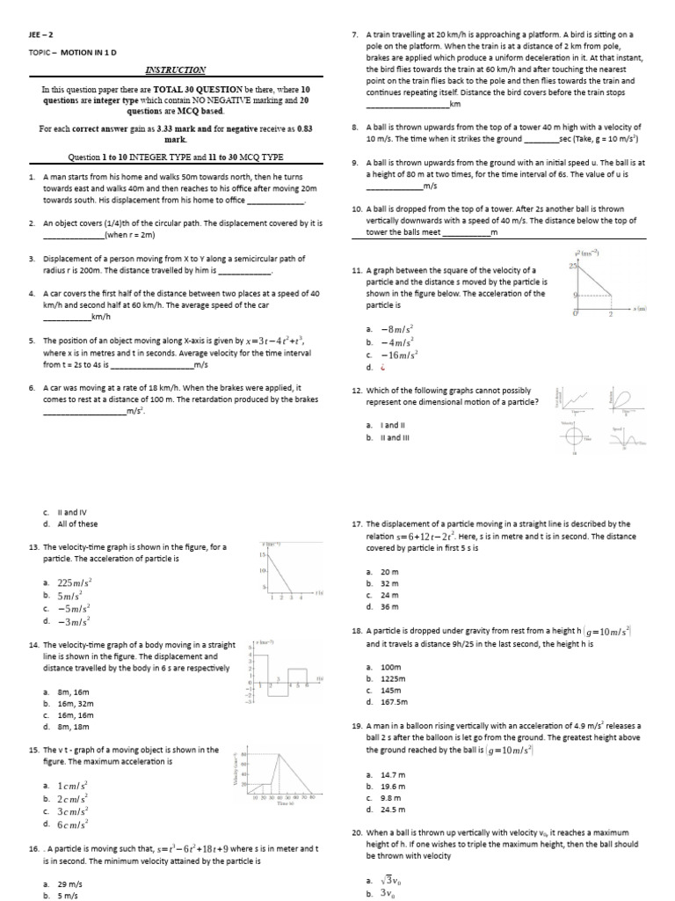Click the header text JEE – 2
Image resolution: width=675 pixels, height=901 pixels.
41,34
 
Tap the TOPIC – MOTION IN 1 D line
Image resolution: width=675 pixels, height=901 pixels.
76,53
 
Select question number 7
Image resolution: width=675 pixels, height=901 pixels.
353,34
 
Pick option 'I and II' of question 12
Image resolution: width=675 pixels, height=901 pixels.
389,425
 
